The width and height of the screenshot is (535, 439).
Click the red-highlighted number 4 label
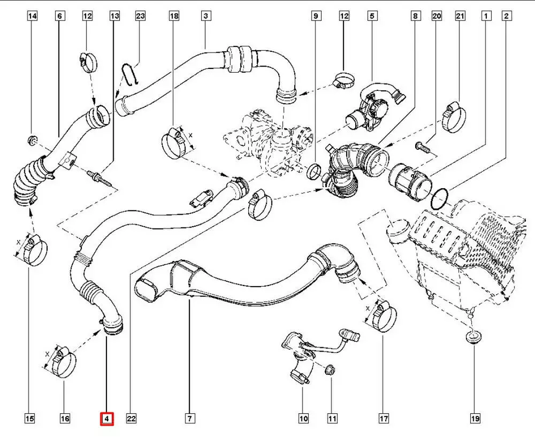click(107, 419)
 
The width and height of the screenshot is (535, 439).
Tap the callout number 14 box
click(33, 17)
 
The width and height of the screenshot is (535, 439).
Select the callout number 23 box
click(140, 17)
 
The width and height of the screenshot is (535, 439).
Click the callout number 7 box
click(189, 419)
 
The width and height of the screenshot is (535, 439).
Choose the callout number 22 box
click(131, 419)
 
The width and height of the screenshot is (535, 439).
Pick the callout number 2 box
click(506, 17)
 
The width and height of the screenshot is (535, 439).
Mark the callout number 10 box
click(304, 419)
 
